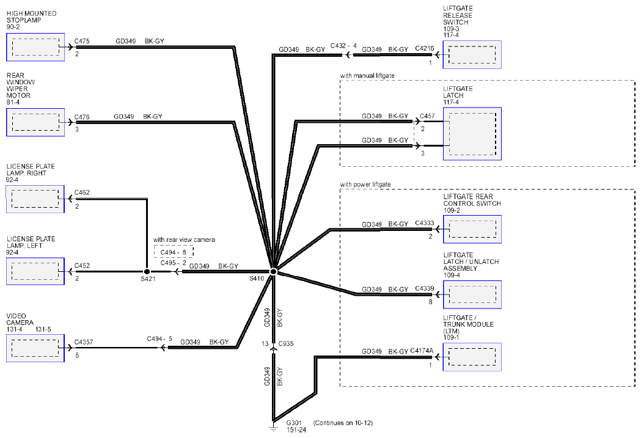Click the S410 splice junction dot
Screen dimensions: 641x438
coord(274,271)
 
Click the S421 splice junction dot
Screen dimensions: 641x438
coord(147,271)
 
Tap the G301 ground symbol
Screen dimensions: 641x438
coord(273,426)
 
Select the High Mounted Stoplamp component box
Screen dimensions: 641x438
coord(35,48)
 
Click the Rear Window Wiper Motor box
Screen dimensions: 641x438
coord(35,122)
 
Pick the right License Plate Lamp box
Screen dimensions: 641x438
coord(35,199)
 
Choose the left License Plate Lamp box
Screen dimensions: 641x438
coord(35,271)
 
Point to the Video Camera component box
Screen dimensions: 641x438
coord(35,348)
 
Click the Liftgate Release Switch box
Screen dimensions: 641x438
coord(472,55)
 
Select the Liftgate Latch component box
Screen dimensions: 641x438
coord(472,134)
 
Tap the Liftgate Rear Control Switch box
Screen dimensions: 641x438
coord(472,229)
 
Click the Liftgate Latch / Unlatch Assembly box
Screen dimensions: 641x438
coord(472,294)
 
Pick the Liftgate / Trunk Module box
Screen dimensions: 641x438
coord(472,357)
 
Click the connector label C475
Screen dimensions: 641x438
coord(82,41)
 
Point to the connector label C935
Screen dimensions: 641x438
coord(286,343)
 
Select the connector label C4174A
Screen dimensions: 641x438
coord(422,351)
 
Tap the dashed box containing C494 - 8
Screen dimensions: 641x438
coord(174,252)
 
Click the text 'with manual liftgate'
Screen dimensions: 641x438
coord(367,76)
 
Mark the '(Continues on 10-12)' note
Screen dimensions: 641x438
coord(343,423)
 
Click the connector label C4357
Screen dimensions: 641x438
coord(83,342)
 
